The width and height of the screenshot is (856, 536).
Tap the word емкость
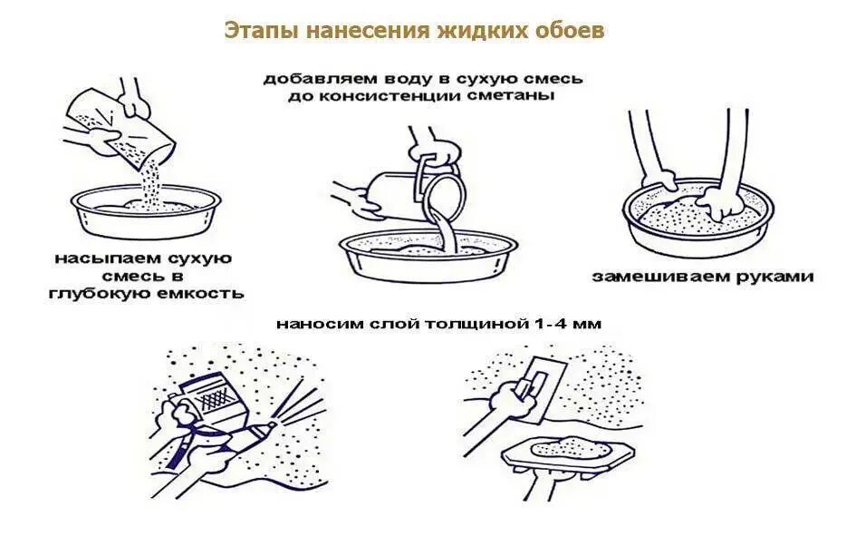204,294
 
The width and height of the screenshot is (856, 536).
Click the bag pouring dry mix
136,126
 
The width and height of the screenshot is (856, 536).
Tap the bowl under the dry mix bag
144,213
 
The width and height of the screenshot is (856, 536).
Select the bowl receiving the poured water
426,255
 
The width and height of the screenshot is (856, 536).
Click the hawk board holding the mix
566,453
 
